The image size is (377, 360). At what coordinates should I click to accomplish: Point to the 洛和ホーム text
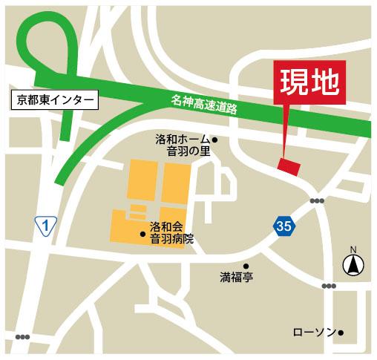183,140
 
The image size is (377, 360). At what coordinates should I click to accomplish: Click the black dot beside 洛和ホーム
215,140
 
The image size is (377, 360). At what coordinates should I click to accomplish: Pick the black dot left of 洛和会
143,235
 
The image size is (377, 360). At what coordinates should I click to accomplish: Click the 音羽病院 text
171,238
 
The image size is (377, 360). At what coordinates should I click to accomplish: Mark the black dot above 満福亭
246,266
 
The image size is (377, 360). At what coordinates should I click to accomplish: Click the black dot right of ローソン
342,333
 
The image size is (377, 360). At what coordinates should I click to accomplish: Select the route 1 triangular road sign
46,224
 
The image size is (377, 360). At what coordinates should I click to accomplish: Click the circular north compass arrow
353,264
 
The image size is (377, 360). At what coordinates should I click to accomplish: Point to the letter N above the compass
353,249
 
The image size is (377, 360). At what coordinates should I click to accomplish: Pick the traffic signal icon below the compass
329,286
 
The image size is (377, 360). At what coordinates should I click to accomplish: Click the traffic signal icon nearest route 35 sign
318,200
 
